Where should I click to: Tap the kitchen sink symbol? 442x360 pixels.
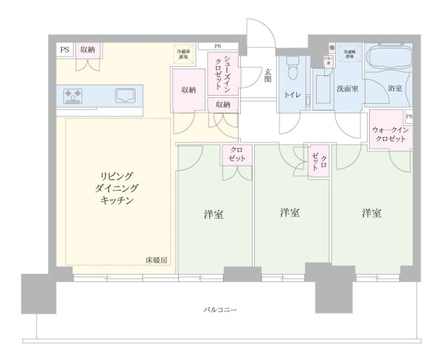tap(127, 94)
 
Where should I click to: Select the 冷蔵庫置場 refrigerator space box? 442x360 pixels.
tap(182, 54)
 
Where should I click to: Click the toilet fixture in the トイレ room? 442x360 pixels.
tap(292, 72)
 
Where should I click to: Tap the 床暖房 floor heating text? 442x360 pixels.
tap(156, 261)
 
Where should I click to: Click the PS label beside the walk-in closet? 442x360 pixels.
tap(409, 117)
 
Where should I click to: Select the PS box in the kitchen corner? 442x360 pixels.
tap(64, 49)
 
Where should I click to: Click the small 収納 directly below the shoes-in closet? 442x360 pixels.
tap(223, 105)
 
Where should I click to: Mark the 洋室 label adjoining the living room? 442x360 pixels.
tap(214, 215)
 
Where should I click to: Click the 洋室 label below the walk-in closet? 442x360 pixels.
tap(371, 213)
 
